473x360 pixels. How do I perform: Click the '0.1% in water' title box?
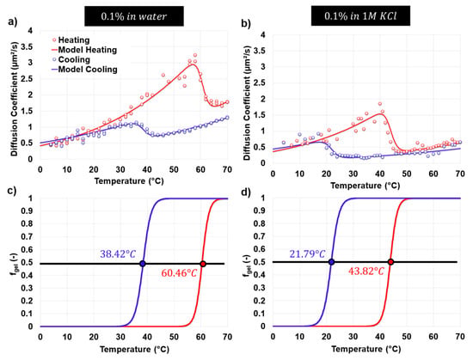[x=134, y=16]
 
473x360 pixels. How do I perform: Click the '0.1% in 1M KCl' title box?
[x=360, y=15]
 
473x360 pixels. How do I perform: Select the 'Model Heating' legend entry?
[x=84, y=50]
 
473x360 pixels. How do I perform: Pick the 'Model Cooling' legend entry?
[x=84, y=70]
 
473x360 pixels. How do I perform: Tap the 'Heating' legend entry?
[x=71, y=40]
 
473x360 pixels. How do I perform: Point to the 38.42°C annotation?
[x=118, y=254]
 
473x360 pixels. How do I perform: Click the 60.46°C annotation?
[x=179, y=273]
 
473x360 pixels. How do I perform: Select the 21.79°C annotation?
[x=307, y=254]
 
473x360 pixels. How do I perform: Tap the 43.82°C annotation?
[x=366, y=272]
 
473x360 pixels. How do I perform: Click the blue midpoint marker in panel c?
[x=143, y=264]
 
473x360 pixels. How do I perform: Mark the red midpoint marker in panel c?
[x=203, y=264]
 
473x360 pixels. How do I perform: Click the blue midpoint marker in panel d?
[x=331, y=262]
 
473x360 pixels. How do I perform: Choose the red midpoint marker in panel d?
[x=390, y=262]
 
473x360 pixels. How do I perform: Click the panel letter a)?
[x=13, y=22]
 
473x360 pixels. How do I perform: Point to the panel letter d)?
[x=246, y=192]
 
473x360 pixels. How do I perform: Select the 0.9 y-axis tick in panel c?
[x=27, y=211]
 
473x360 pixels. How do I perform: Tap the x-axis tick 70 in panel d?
[x=460, y=336]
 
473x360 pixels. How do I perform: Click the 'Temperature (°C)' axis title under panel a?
[x=129, y=181]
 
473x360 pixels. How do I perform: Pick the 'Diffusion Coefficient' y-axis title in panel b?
[x=247, y=103]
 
